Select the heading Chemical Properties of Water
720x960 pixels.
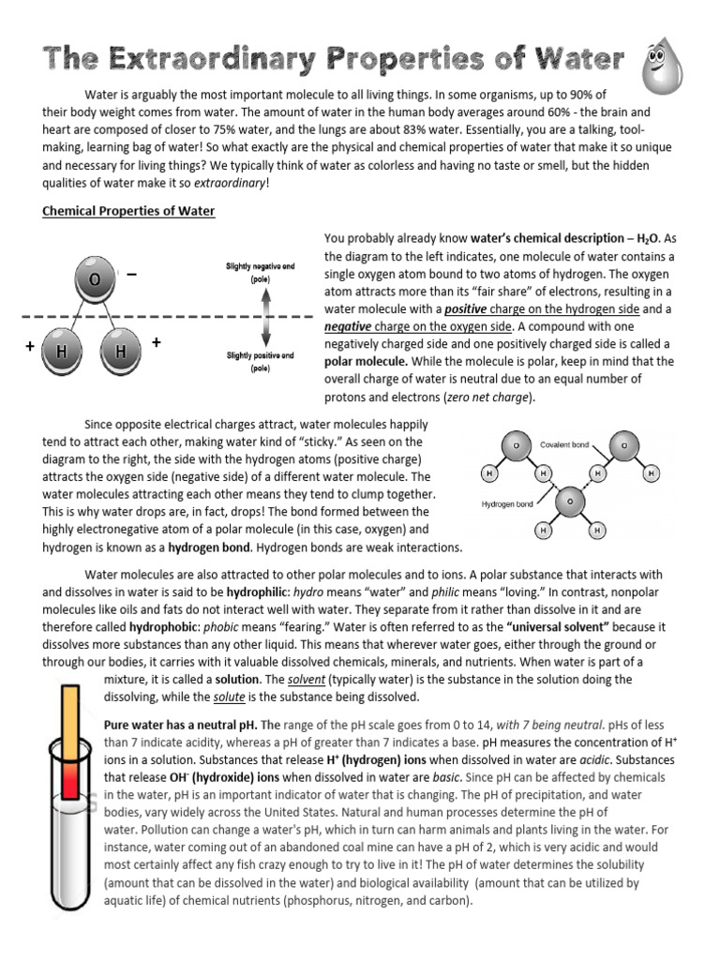(x=128, y=211)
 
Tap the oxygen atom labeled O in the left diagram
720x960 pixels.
(x=95, y=280)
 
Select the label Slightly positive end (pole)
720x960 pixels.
(x=260, y=362)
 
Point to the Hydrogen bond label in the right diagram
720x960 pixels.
(x=507, y=503)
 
